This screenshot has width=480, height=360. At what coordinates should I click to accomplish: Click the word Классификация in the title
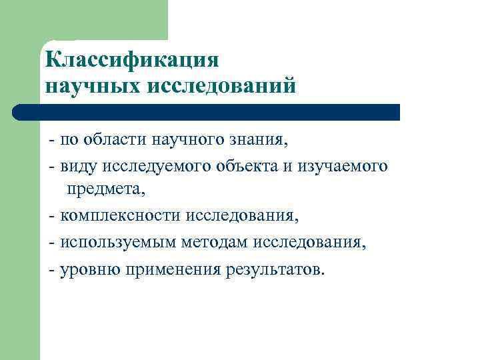point(132,60)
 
